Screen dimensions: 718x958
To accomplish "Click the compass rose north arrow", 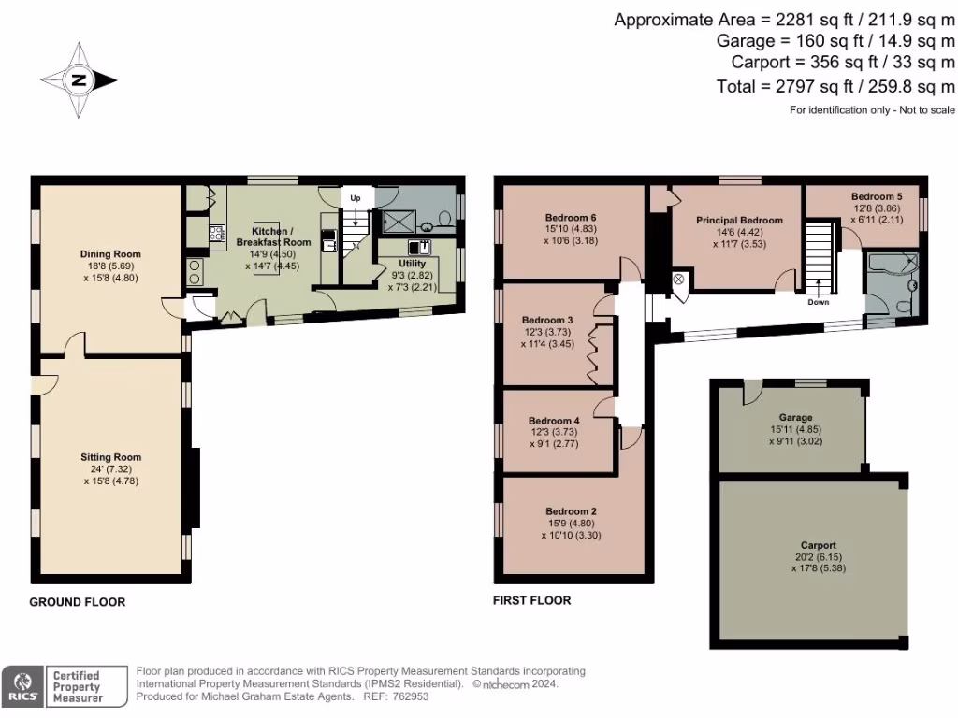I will [80, 81].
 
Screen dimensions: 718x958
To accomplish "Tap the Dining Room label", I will [110, 253].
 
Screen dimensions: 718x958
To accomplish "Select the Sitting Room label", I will [110, 457].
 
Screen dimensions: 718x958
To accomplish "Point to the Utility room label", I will [413, 265].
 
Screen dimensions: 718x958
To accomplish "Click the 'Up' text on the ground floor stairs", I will [356, 198].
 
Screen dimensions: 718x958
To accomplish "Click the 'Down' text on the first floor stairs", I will [818, 302].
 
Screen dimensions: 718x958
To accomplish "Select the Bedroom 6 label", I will [573, 217].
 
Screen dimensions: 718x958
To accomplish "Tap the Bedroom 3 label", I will [547, 319].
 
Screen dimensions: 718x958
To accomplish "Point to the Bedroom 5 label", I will [876, 196].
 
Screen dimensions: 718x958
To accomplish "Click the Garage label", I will [795, 417].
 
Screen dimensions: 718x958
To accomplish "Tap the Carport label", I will [818, 544].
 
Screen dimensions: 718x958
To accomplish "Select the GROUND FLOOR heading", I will [78, 602].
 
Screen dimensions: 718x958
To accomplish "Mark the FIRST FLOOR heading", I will [531, 600].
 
